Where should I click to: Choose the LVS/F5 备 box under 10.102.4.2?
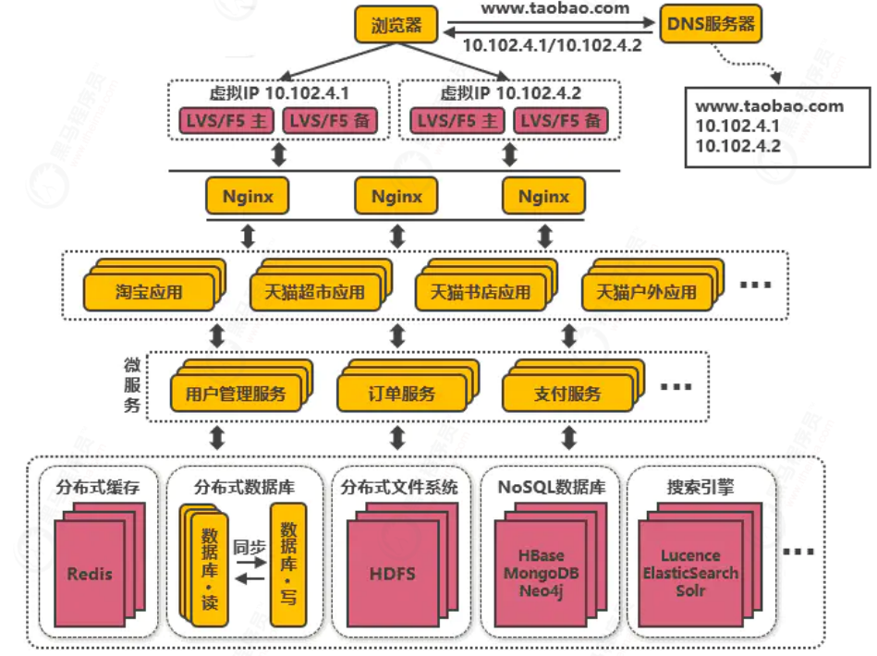pos(561,121)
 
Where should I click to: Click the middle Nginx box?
pos(396,196)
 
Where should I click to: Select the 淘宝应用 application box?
pos(149,293)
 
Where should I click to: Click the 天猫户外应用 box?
pos(646,293)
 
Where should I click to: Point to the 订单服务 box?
pos(398,395)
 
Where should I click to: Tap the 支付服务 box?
pos(567,395)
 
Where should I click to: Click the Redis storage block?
pos(90,574)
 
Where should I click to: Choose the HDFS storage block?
pos(393,574)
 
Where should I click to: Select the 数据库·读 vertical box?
pos(203,565)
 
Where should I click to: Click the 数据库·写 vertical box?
pos(287,565)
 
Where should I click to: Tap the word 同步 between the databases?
pos(246,545)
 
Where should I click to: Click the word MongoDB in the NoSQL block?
pos(541,573)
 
